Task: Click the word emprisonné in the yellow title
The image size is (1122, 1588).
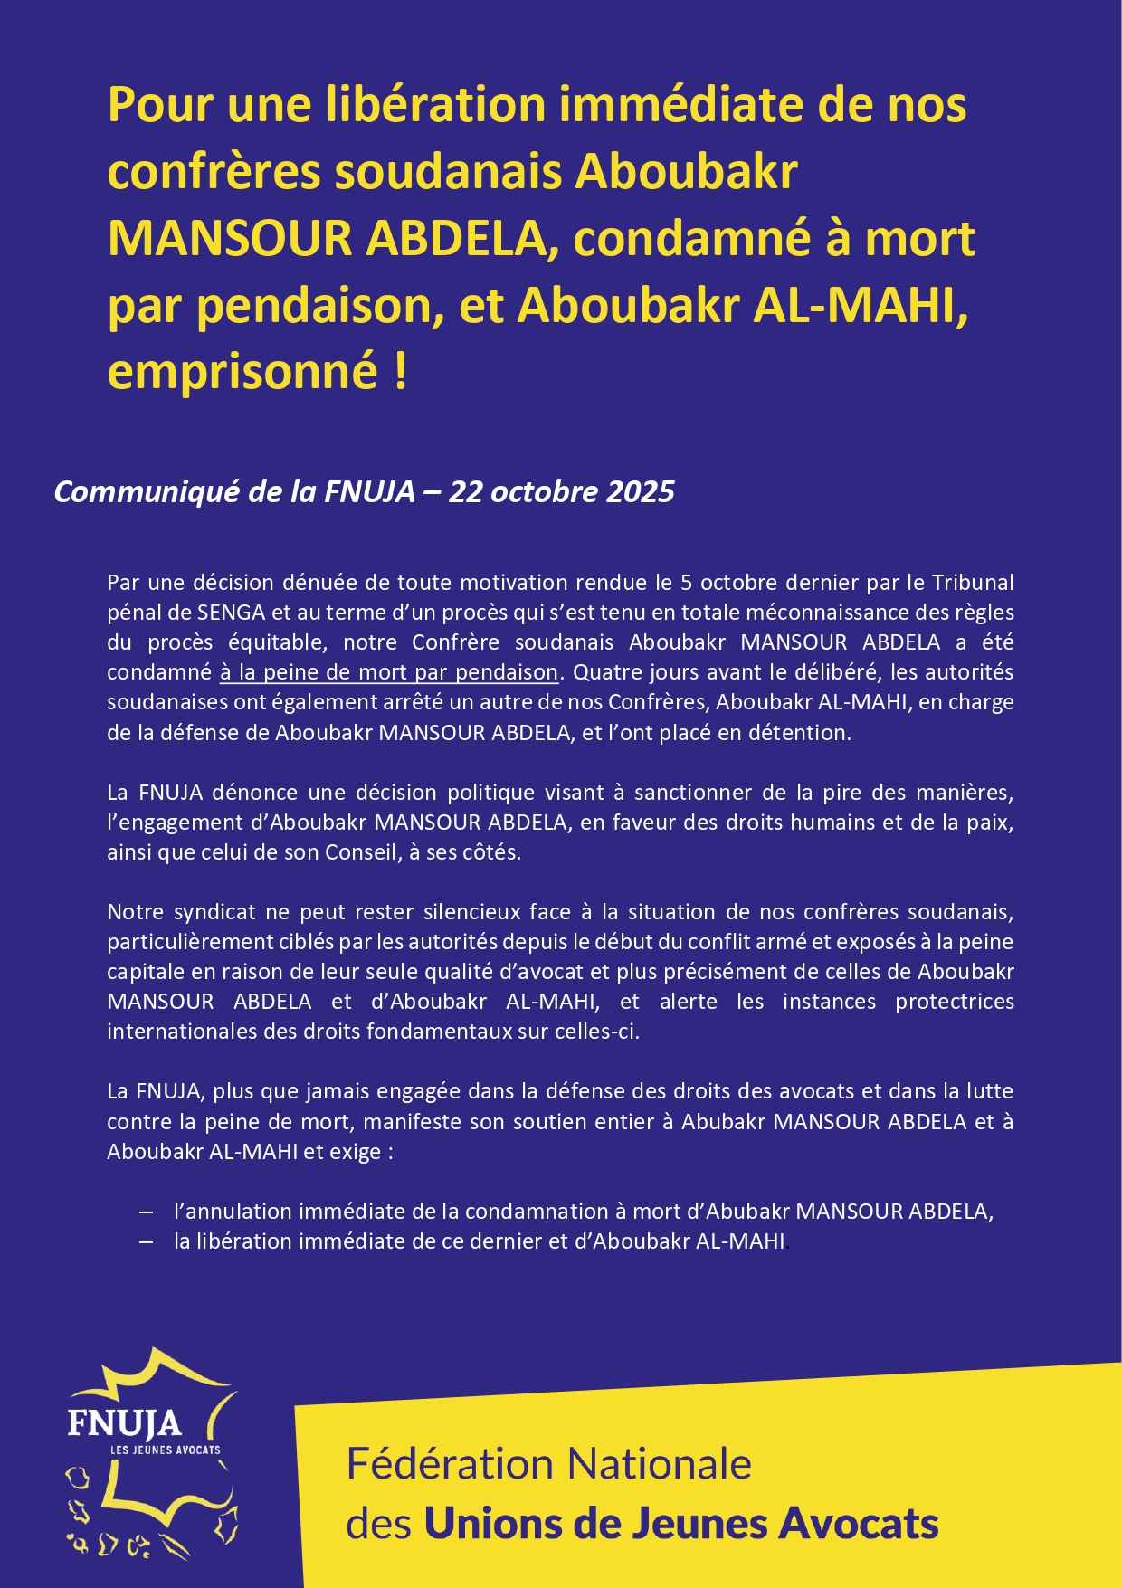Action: tap(242, 371)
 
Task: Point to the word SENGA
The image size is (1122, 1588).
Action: tap(232, 613)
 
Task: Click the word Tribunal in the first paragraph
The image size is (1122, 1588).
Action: tap(973, 582)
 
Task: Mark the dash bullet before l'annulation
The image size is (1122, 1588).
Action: tap(147, 1212)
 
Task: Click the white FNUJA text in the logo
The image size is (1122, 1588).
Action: tap(124, 1422)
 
